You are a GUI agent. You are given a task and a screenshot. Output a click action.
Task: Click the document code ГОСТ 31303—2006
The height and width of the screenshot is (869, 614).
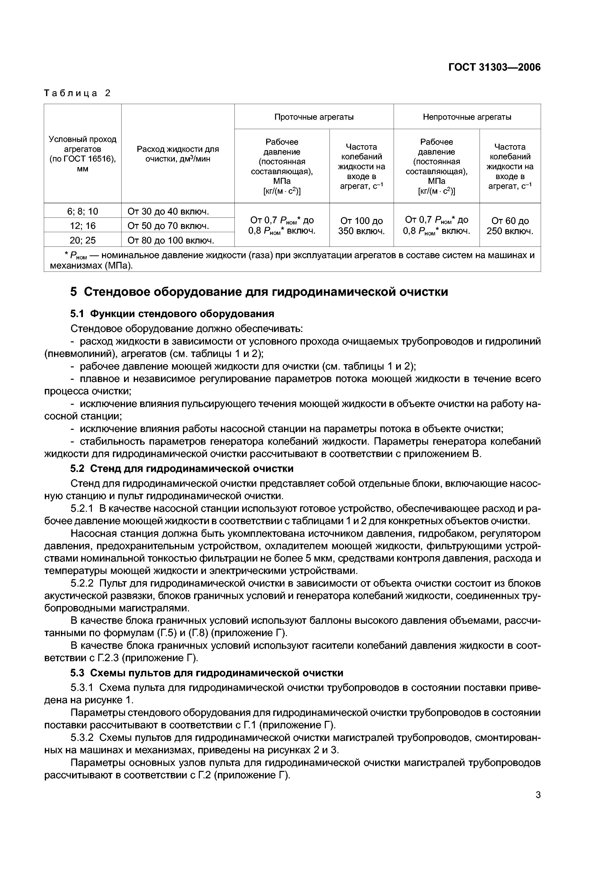tap(494, 67)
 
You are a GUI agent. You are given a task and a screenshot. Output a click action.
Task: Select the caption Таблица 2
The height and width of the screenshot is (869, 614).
tap(77, 93)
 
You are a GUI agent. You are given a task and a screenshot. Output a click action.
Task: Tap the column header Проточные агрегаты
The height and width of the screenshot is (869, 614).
tap(314, 117)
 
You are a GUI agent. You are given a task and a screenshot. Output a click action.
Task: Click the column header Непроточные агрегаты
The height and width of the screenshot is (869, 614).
tap(467, 117)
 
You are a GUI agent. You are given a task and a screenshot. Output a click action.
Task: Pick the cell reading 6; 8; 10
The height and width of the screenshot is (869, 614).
tap(82, 211)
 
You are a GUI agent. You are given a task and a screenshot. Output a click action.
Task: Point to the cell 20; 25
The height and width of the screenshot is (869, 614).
tap(82, 240)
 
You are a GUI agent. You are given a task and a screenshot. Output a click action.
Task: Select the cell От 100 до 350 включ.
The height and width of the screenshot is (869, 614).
tap(361, 226)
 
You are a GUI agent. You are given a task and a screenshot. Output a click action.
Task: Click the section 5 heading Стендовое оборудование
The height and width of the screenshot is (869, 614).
tap(259, 292)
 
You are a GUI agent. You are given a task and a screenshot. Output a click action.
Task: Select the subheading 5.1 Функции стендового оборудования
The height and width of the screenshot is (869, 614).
tap(172, 314)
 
